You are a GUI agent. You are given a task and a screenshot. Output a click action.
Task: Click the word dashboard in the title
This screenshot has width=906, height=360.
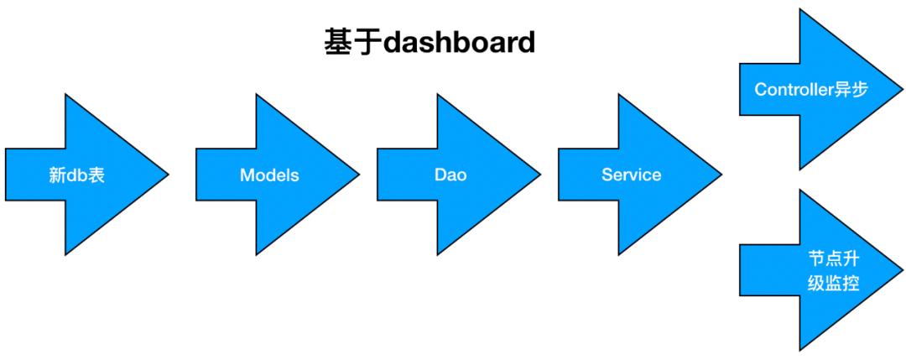tap(458, 43)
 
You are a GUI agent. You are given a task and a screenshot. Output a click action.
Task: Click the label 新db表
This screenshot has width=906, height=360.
tap(76, 176)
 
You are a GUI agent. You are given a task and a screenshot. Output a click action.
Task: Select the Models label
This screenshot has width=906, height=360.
tap(269, 175)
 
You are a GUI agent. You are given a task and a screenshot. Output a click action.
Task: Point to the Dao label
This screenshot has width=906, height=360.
tap(450, 175)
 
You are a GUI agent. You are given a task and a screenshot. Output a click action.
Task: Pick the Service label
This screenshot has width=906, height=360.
tap(631, 175)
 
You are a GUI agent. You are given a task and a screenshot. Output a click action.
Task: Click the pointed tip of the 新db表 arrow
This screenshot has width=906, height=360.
tap(169, 175)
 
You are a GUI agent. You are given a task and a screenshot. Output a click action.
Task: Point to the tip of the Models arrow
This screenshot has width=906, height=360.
tap(359, 175)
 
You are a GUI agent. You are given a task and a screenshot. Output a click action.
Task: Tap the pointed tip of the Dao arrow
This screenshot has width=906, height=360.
tap(540, 175)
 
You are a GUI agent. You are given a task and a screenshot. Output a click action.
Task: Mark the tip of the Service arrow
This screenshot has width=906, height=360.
tap(721, 175)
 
